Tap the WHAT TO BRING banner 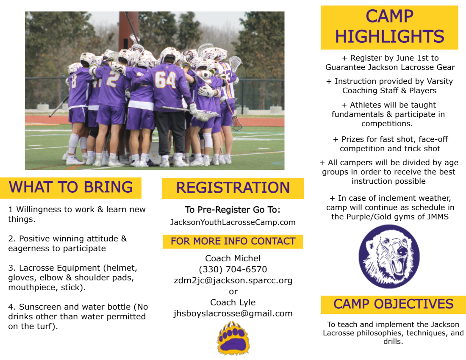(71, 187)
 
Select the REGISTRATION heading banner (233, 188)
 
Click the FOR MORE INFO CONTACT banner (233, 241)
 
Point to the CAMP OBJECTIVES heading (393, 304)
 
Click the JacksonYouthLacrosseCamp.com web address (233, 222)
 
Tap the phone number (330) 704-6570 (233, 269)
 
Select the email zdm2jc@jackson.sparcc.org (233, 280)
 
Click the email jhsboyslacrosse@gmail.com (233, 313)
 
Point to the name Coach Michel (233, 258)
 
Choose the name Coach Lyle (233, 302)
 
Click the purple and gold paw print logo (233, 338)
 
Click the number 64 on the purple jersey (165, 79)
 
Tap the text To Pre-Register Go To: (233, 210)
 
